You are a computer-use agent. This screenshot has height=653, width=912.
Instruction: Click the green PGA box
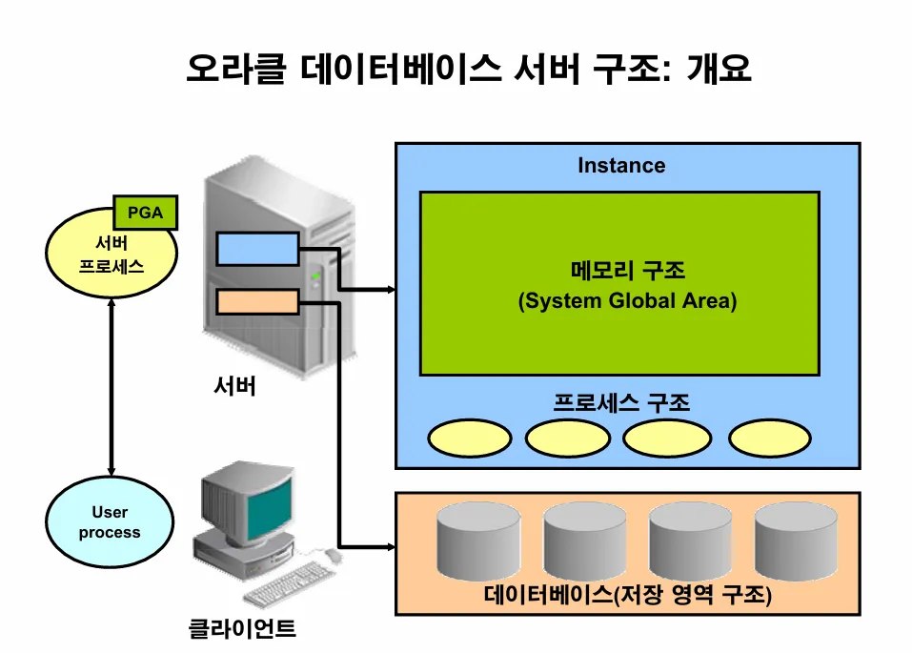[146, 213]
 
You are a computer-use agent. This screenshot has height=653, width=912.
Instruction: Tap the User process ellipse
[110, 522]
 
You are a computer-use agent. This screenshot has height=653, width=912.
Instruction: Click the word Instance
[621, 166]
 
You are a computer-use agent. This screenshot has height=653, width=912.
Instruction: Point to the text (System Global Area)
[628, 301]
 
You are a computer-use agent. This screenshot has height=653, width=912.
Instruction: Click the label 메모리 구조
[628, 270]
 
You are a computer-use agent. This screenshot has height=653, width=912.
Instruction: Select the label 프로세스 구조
[621, 402]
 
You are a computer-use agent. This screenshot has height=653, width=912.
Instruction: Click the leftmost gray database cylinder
[478, 543]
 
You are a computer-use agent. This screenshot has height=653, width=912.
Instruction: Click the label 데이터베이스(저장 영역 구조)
[627, 596]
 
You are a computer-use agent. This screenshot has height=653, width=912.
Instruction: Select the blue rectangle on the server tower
[257, 249]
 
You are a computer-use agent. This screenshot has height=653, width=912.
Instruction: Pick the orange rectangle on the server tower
[257, 303]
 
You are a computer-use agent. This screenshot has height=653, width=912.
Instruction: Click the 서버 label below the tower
[234, 387]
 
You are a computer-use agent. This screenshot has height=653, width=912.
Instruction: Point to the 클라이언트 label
[242, 628]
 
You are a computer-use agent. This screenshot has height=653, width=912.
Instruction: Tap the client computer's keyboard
[284, 582]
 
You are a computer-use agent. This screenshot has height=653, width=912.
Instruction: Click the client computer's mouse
[333, 554]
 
